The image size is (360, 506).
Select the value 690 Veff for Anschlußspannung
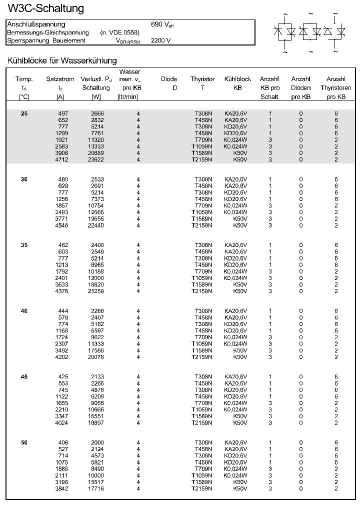162,24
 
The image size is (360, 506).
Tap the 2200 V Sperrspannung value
160,40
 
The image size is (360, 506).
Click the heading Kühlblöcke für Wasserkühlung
62,60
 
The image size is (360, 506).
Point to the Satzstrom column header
60,79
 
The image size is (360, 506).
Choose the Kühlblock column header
237,79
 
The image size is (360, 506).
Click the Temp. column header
24,79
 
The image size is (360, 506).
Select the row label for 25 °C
24,113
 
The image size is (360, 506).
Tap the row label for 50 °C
24,442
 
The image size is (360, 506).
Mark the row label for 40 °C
24,311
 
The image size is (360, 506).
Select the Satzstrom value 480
63,179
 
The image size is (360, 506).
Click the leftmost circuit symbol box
285,31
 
